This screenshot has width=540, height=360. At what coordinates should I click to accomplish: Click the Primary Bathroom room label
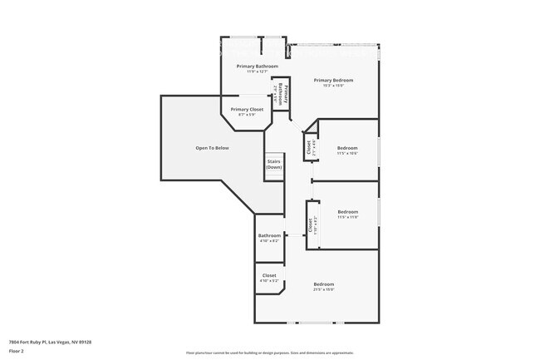pos(257,66)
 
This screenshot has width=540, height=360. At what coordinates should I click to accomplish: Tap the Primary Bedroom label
pos(333,80)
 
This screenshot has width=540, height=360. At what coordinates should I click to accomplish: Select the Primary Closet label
pos(247,109)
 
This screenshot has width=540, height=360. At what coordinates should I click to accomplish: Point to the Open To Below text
pos(212,148)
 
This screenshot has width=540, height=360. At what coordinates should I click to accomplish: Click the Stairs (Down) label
pos(274,165)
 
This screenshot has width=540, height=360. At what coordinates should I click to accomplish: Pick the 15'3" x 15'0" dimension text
pos(333,86)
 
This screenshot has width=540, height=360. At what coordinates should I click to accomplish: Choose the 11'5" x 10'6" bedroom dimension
pos(347,153)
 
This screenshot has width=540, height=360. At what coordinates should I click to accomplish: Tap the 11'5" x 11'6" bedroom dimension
pos(347,217)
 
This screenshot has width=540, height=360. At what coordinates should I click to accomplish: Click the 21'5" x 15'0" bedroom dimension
pos(323,289)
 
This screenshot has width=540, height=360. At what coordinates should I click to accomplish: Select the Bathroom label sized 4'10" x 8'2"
pos(269,235)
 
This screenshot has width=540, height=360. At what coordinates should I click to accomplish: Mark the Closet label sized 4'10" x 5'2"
pos(269,275)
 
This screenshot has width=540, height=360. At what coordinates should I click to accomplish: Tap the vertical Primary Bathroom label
pos(284,93)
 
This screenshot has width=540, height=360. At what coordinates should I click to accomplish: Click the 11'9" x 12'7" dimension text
pos(257,72)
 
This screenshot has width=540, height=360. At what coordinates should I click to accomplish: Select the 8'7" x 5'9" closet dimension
pos(247,115)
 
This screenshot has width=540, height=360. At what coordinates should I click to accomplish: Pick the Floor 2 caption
pos(17,349)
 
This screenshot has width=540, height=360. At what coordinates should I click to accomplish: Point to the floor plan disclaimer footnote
pos(269,353)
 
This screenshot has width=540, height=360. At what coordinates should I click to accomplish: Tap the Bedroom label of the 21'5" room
pos(323,284)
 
